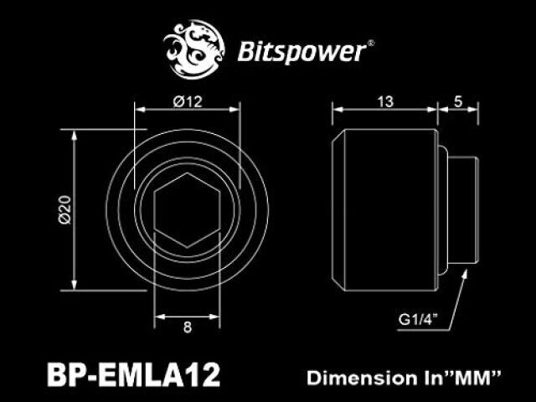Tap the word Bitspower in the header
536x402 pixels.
click(x=301, y=52)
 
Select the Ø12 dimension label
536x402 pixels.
click(x=188, y=101)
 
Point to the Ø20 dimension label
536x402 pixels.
click(x=64, y=209)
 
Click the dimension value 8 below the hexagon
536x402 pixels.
click(x=188, y=327)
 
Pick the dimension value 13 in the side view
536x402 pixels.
click(x=385, y=101)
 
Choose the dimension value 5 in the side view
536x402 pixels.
click(x=458, y=101)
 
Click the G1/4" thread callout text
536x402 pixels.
click(x=418, y=320)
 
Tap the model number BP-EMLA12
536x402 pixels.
click(x=134, y=375)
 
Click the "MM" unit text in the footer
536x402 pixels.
click(x=476, y=378)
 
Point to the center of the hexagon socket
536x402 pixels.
click(x=187, y=210)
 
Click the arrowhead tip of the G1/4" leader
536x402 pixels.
click(x=466, y=270)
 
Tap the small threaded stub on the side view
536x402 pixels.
click(x=463, y=210)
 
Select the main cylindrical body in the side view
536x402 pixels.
click(x=385, y=210)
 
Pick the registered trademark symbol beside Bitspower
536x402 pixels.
click(x=370, y=44)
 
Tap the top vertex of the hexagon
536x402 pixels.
click(x=187, y=173)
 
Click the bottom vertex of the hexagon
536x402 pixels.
click(x=187, y=247)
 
